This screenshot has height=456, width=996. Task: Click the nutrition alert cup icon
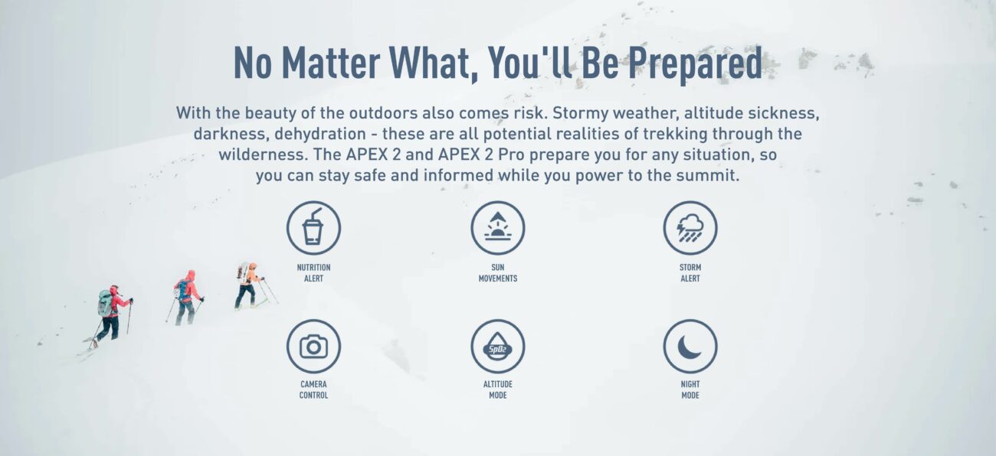coord(313,228)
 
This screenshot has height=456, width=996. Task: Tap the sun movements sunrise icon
coord(497,228)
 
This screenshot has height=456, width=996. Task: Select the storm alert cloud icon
coord(690,228)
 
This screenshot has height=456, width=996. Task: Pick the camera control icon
coord(313,347)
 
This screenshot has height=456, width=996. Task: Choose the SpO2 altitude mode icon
coord(497,347)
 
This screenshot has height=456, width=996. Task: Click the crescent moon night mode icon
coord(690,347)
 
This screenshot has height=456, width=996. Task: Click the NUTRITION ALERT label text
coord(313,273)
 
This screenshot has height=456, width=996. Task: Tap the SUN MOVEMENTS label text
coord(497,273)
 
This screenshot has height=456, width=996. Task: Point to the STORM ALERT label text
coord(690,273)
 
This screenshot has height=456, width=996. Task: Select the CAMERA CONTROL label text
coord(313,390)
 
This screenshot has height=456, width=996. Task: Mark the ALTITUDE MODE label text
coord(497,390)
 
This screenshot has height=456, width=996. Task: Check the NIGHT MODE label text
coord(690,390)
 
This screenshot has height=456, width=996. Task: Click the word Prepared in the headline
coord(695,64)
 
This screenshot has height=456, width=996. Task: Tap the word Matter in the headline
coord(330,63)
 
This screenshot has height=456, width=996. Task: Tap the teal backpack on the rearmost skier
coord(105,303)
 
